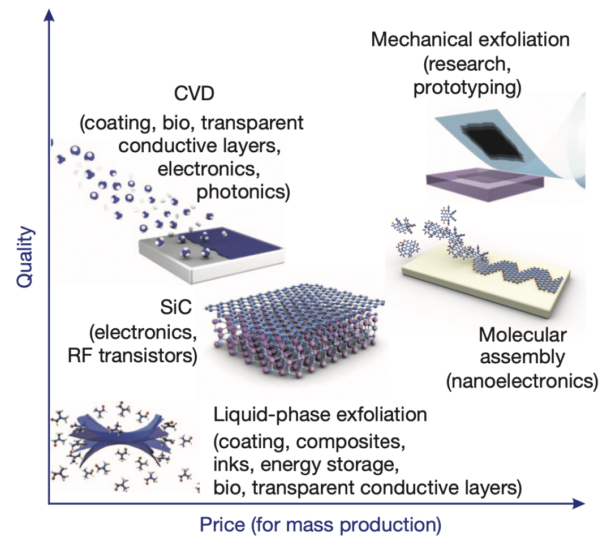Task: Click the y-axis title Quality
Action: [x=25, y=258]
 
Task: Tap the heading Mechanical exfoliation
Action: [x=470, y=40]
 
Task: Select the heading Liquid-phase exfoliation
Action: [x=320, y=415]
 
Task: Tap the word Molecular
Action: [x=522, y=335]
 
